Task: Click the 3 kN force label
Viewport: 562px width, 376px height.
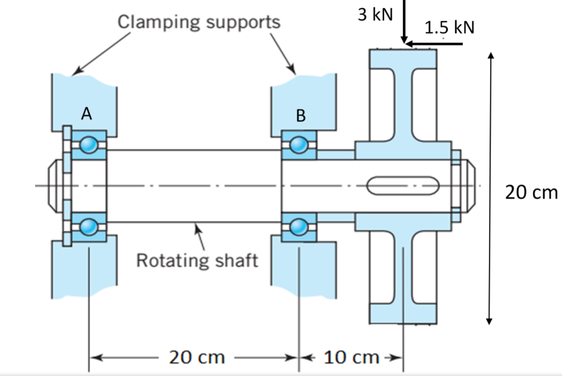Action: pos(375,15)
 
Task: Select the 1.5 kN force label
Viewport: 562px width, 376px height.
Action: pos(449,27)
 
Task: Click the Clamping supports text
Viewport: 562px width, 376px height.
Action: pos(199,22)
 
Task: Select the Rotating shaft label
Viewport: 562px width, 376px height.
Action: pos(196,260)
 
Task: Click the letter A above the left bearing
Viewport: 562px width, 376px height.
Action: pos(86,113)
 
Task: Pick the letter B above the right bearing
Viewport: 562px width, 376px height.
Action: pos(300,116)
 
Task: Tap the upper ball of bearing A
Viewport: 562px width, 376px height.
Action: pos(88,145)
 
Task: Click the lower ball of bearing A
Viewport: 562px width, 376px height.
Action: pos(88,226)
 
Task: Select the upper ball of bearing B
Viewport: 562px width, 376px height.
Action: pos(299,145)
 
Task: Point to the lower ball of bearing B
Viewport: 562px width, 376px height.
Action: pos(299,226)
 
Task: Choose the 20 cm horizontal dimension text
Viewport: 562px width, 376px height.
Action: pos(196,357)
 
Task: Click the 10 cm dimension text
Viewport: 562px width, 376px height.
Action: pos(351,357)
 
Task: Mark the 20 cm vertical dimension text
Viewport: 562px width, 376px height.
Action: pos(530,192)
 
